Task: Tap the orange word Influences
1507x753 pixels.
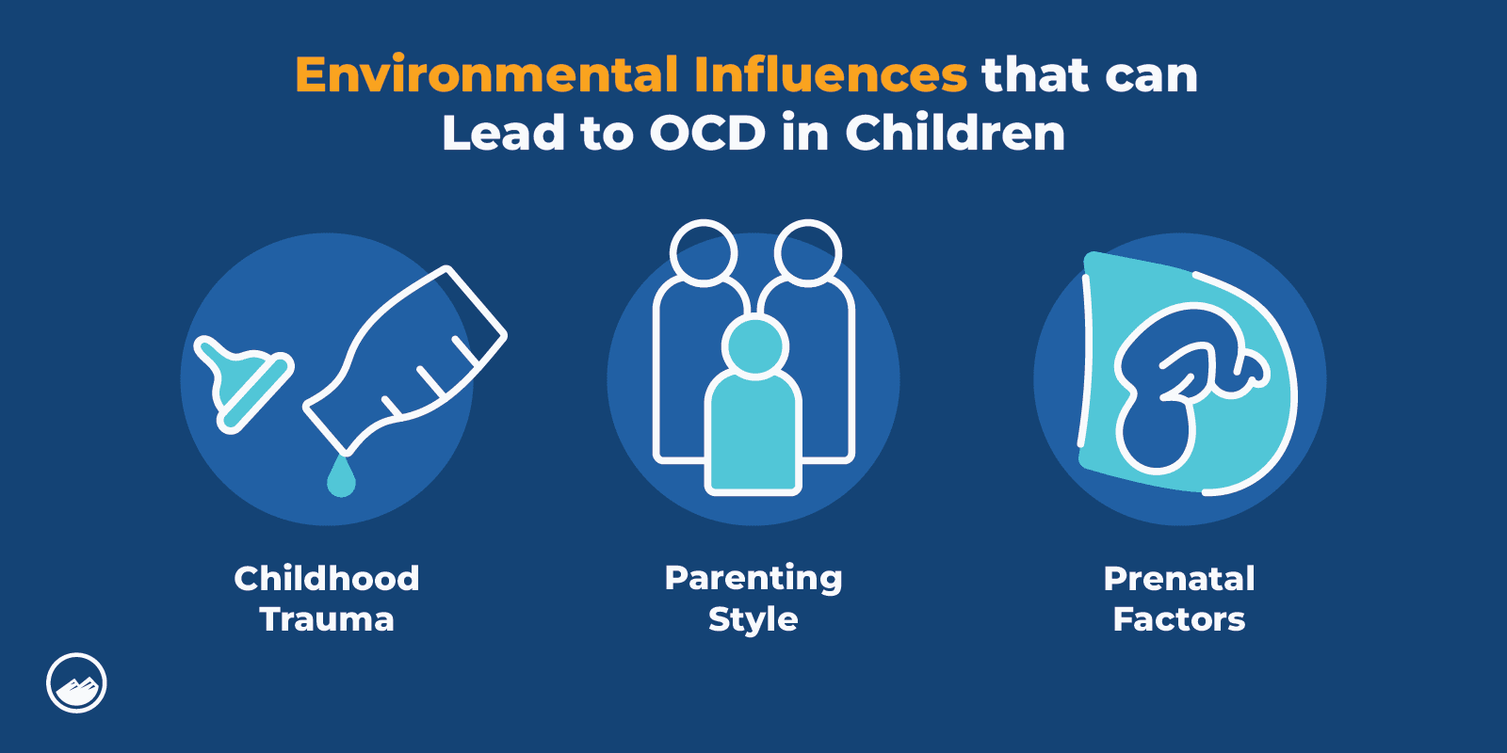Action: [x=830, y=75]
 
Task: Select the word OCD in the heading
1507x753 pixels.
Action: [x=707, y=134]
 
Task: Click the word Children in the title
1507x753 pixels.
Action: [x=955, y=134]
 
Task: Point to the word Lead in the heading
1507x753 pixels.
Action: [x=504, y=134]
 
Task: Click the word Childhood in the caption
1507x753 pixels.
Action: [x=327, y=578]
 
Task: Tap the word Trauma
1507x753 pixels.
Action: [x=327, y=619]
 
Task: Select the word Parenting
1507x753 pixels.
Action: [x=753, y=578]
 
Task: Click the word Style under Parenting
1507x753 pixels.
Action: [x=753, y=620]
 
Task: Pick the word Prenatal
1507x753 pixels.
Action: [x=1179, y=578]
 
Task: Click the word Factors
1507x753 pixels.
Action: [x=1179, y=619]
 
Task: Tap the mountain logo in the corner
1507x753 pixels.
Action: [x=76, y=683]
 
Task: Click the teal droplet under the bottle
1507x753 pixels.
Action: [x=341, y=477]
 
